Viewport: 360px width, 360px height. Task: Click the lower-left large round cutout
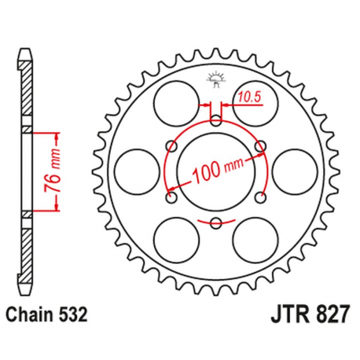point(175,239)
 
